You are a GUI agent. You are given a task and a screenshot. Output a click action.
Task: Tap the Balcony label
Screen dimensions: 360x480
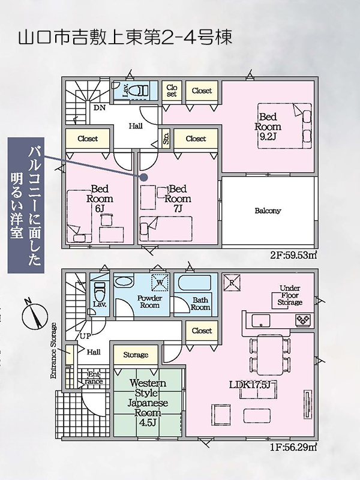pos(268,211)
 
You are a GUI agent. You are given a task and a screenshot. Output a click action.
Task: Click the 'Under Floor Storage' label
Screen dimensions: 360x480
pos(290,295)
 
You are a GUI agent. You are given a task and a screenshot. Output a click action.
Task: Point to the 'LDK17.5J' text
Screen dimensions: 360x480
pos(250,385)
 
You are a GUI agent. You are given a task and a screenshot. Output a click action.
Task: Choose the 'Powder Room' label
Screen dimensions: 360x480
pos(149,302)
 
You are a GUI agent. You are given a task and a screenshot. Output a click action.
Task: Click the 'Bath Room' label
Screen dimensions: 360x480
pos(200,304)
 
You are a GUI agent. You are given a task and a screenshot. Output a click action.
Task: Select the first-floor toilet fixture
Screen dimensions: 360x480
pos(99,292)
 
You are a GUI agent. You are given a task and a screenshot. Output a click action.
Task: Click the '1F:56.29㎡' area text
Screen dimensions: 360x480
pos(293,447)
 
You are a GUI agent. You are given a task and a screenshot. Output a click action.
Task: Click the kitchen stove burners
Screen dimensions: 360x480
pos(303,320)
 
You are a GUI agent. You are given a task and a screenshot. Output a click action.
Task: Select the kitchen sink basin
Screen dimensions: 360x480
pos(261,320)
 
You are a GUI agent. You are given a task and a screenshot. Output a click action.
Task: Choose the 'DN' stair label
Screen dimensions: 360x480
pos(100,108)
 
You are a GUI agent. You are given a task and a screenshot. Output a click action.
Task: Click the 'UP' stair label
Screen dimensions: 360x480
pos(85,336)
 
